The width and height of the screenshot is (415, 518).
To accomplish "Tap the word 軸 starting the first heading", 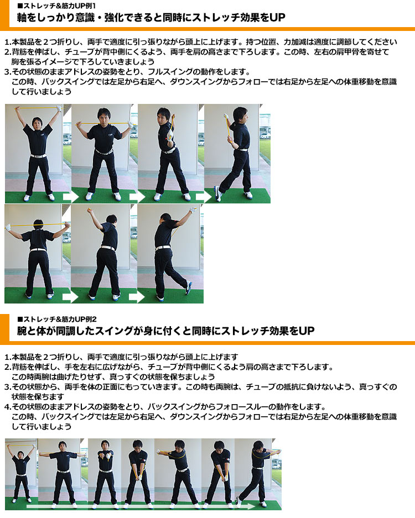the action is (x=22, y=17).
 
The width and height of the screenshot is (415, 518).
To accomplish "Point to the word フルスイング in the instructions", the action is (x=167, y=72).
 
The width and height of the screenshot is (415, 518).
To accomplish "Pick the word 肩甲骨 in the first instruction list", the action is (x=338, y=52).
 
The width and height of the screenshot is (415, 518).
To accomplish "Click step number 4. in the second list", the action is (x=8, y=407).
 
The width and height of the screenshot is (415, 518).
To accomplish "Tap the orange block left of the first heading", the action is (x=4, y=15).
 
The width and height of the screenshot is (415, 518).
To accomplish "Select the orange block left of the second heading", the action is (x=4, y=329).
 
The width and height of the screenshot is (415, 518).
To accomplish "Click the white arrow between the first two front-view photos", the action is (x=70, y=197).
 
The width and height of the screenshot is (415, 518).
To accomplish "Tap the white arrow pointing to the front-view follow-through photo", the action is (x=204, y=197).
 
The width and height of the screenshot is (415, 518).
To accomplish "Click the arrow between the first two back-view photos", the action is (x=70, y=297).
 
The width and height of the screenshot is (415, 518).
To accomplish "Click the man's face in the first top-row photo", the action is (x=37, y=123).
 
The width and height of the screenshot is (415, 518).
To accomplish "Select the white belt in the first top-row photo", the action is (x=38, y=155).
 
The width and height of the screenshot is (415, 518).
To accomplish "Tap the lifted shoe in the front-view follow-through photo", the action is (x=217, y=193).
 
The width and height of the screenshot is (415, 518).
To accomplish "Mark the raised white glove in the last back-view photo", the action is (x=193, y=210).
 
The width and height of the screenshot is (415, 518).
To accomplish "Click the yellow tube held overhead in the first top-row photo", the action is (x=38, y=108).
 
